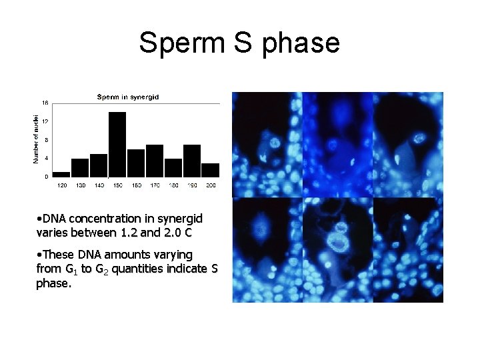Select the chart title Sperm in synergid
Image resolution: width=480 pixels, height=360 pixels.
click(x=128, y=97)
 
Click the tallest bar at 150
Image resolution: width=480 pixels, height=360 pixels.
click(x=117, y=144)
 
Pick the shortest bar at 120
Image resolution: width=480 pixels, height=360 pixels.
click(x=61, y=174)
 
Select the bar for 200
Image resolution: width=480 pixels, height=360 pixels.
click(x=210, y=170)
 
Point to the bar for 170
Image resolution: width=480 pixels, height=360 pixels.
click(x=155, y=161)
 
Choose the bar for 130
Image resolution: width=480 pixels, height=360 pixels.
click(x=80, y=167)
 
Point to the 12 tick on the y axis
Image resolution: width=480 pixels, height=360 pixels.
click(x=45, y=121)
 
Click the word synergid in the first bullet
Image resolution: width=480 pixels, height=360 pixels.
click(x=180, y=219)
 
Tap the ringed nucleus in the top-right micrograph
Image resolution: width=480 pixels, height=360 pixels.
click(x=419, y=139)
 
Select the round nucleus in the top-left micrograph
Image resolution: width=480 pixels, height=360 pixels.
click(x=271, y=142)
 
